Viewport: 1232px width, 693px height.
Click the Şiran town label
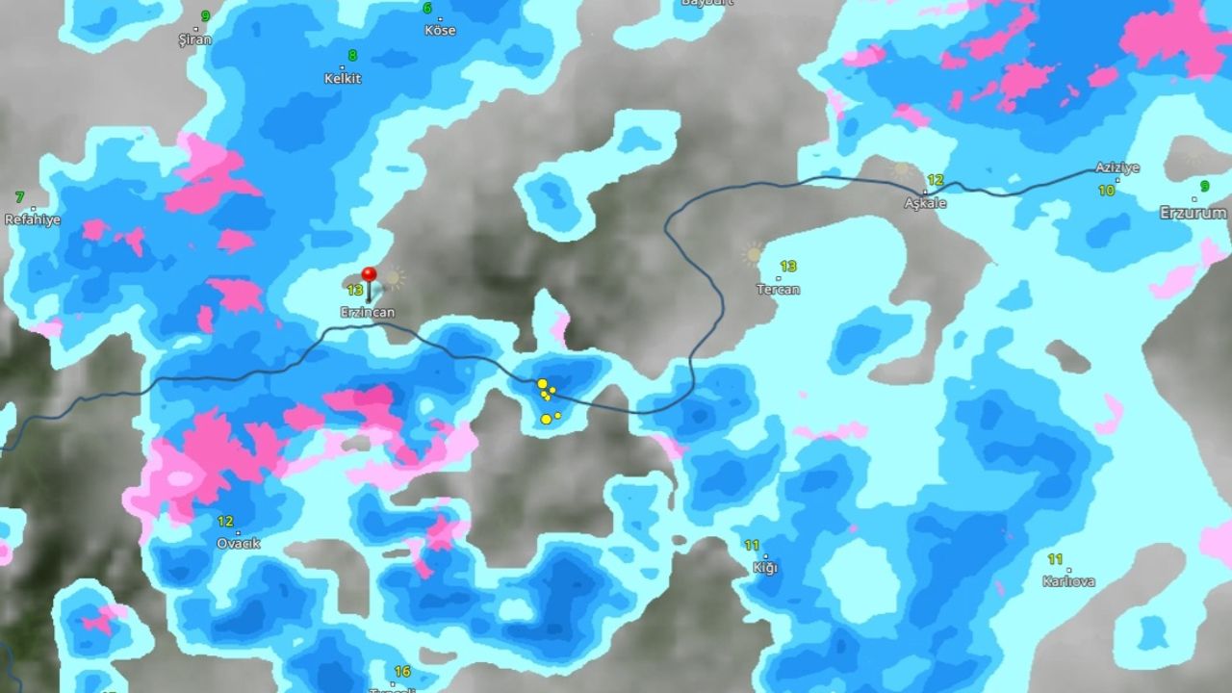(194, 39)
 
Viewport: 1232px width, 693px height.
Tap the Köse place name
(440, 30)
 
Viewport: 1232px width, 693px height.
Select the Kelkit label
(343, 78)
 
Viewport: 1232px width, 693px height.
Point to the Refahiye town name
(33, 219)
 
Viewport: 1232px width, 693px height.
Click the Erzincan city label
(367, 312)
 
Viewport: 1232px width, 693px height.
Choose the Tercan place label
(778, 289)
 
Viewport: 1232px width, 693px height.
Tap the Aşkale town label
(925, 203)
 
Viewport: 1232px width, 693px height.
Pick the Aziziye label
(1116, 167)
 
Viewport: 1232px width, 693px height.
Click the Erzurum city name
(1193, 213)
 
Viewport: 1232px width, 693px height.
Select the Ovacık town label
(238, 543)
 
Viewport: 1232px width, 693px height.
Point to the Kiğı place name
(765, 567)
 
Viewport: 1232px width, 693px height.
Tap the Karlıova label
(1068, 580)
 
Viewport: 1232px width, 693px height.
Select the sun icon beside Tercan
(753, 255)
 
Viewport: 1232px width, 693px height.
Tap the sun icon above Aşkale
(902, 168)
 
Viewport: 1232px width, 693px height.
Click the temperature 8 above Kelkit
(352, 56)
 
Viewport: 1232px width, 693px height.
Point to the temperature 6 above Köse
(427, 9)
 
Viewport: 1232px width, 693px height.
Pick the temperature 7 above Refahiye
(19, 197)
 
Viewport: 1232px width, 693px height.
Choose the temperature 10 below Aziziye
(1107, 191)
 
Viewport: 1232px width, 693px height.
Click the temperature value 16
(402, 672)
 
